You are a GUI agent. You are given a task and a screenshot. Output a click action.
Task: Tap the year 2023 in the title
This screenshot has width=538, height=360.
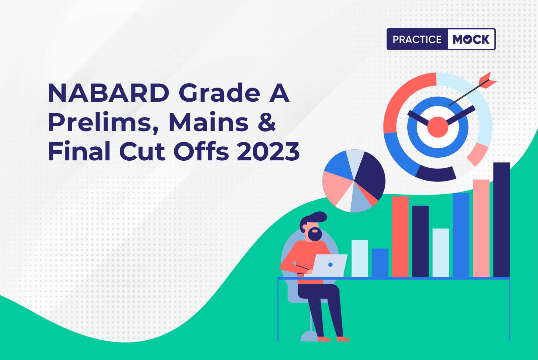(268, 151)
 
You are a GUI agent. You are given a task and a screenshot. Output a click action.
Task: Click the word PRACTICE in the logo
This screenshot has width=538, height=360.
(417, 39)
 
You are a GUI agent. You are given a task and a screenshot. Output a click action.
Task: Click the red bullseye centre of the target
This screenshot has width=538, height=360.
(437, 127)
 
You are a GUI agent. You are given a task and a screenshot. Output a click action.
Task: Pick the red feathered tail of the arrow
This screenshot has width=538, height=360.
(487, 81)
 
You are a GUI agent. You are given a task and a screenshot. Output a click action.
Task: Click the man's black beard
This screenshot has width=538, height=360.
(315, 234)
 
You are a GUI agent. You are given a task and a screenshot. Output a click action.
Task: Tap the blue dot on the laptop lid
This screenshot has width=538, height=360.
(330, 265)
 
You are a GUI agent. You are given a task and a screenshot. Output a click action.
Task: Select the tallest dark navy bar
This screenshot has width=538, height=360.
(501, 220)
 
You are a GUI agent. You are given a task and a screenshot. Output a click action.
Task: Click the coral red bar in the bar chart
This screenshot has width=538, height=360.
(400, 237)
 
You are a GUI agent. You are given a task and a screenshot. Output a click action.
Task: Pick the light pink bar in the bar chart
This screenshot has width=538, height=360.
(481, 228)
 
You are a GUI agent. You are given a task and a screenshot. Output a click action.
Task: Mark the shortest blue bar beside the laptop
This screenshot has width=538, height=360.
(380, 263)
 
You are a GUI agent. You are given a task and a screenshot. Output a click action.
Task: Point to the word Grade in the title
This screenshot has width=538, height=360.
(219, 93)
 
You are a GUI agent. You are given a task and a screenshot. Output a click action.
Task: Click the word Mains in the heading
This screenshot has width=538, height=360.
(208, 122)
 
